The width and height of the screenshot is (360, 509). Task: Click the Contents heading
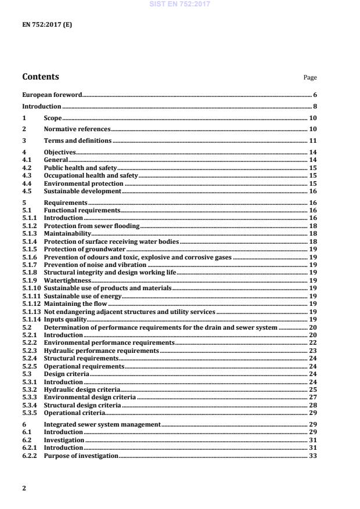pos(40,77)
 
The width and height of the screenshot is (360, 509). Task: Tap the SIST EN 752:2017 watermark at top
pos(179,4)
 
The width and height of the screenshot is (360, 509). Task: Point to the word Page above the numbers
pos(310,78)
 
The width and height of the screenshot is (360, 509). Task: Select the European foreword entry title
pos(52,94)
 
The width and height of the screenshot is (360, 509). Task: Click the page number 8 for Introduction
pos(315,107)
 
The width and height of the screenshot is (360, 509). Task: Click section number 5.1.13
pos(31,312)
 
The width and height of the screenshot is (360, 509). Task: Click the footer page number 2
pos(24,488)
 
